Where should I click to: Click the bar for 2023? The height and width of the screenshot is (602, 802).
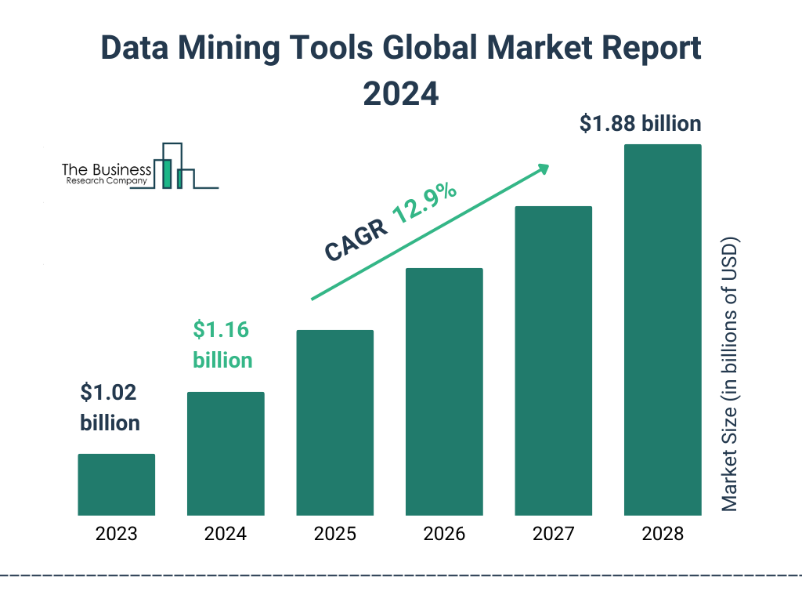click(116, 484)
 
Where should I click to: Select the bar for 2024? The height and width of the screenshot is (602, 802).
click(226, 454)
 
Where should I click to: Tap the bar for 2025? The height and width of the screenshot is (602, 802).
click(334, 422)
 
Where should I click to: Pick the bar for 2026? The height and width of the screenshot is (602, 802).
click(444, 392)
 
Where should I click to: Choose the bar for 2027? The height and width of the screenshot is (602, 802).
click(553, 361)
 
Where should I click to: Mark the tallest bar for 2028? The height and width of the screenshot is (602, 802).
click(663, 330)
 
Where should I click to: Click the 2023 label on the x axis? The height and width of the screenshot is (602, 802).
click(116, 535)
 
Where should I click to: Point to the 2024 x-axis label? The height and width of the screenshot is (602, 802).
click(226, 535)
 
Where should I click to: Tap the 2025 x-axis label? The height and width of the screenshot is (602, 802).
click(334, 535)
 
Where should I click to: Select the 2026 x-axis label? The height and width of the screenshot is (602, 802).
click(444, 535)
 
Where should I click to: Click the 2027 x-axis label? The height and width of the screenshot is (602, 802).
click(553, 535)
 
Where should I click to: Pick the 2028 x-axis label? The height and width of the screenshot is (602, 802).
click(663, 535)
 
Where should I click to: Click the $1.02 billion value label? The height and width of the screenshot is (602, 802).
click(110, 408)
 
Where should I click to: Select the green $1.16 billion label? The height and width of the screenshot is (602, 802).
click(222, 345)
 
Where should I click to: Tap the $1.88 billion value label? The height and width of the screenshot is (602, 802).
click(640, 124)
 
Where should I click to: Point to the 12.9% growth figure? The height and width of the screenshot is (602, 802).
click(424, 205)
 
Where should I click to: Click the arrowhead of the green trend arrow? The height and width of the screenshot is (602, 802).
click(543, 168)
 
